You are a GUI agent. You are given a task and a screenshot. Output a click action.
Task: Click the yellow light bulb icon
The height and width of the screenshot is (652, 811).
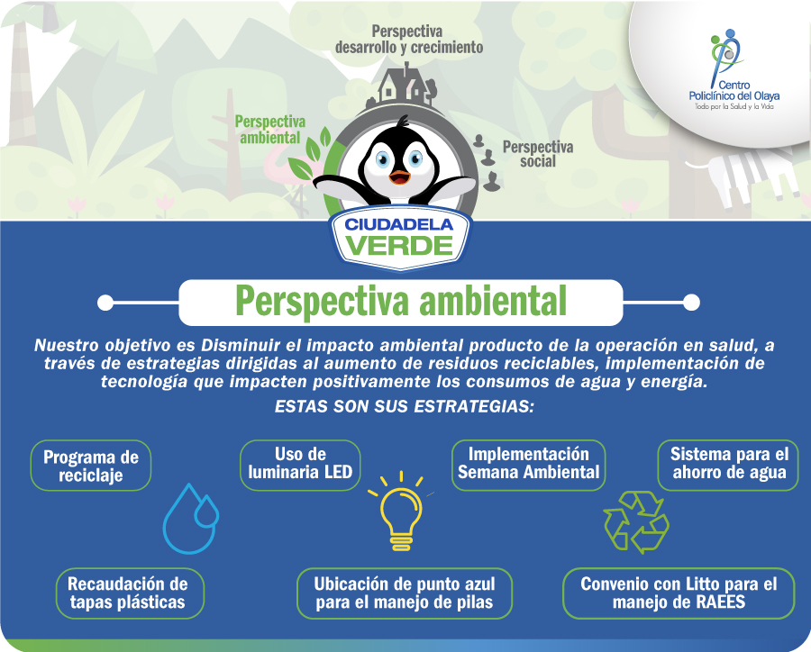pos(401,512)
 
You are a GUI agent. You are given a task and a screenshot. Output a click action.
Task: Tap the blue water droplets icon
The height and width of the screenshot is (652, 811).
pos(190,519)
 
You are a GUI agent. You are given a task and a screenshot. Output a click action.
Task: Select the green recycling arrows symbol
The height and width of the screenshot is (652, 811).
pos(636,522)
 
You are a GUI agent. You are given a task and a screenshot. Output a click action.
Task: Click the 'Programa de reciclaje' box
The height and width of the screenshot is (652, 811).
pos(90,466)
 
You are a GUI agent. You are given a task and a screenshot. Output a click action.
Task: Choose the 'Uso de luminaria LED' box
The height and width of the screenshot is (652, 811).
pos(300,464)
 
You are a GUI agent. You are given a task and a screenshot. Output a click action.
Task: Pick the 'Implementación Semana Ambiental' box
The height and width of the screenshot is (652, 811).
pos(528,464)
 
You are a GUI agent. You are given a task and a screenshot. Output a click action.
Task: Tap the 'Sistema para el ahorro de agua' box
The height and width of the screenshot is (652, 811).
pos(729,465)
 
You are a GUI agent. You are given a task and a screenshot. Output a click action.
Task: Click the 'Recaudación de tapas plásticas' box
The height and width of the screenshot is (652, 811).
pos(129,593)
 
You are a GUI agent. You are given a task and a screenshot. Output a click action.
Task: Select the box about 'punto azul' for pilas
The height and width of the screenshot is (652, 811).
pos(404,593)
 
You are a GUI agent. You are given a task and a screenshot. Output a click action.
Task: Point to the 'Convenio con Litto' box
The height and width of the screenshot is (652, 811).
pos(678,593)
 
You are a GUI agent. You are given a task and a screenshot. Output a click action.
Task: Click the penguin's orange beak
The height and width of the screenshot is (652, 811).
pos(399,177)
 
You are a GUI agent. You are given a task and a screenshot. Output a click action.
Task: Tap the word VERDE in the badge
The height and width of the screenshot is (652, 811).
pos(399,246)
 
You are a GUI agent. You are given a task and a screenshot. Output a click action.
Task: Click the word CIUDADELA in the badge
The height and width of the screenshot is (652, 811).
pos(399,225)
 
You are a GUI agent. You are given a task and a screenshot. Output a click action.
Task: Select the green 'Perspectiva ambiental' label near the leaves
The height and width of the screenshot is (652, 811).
pos(269,130)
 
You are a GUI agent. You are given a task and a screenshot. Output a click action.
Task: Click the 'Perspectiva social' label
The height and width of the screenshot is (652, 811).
pos(538,154)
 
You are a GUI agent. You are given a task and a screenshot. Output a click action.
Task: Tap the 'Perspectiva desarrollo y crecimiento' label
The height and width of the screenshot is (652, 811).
pos(408,40)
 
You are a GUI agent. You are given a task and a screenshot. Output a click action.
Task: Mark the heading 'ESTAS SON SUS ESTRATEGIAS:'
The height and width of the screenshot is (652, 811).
pos(404,406)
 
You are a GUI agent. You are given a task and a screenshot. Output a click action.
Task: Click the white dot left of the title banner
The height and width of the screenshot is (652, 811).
pos(105,303)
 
